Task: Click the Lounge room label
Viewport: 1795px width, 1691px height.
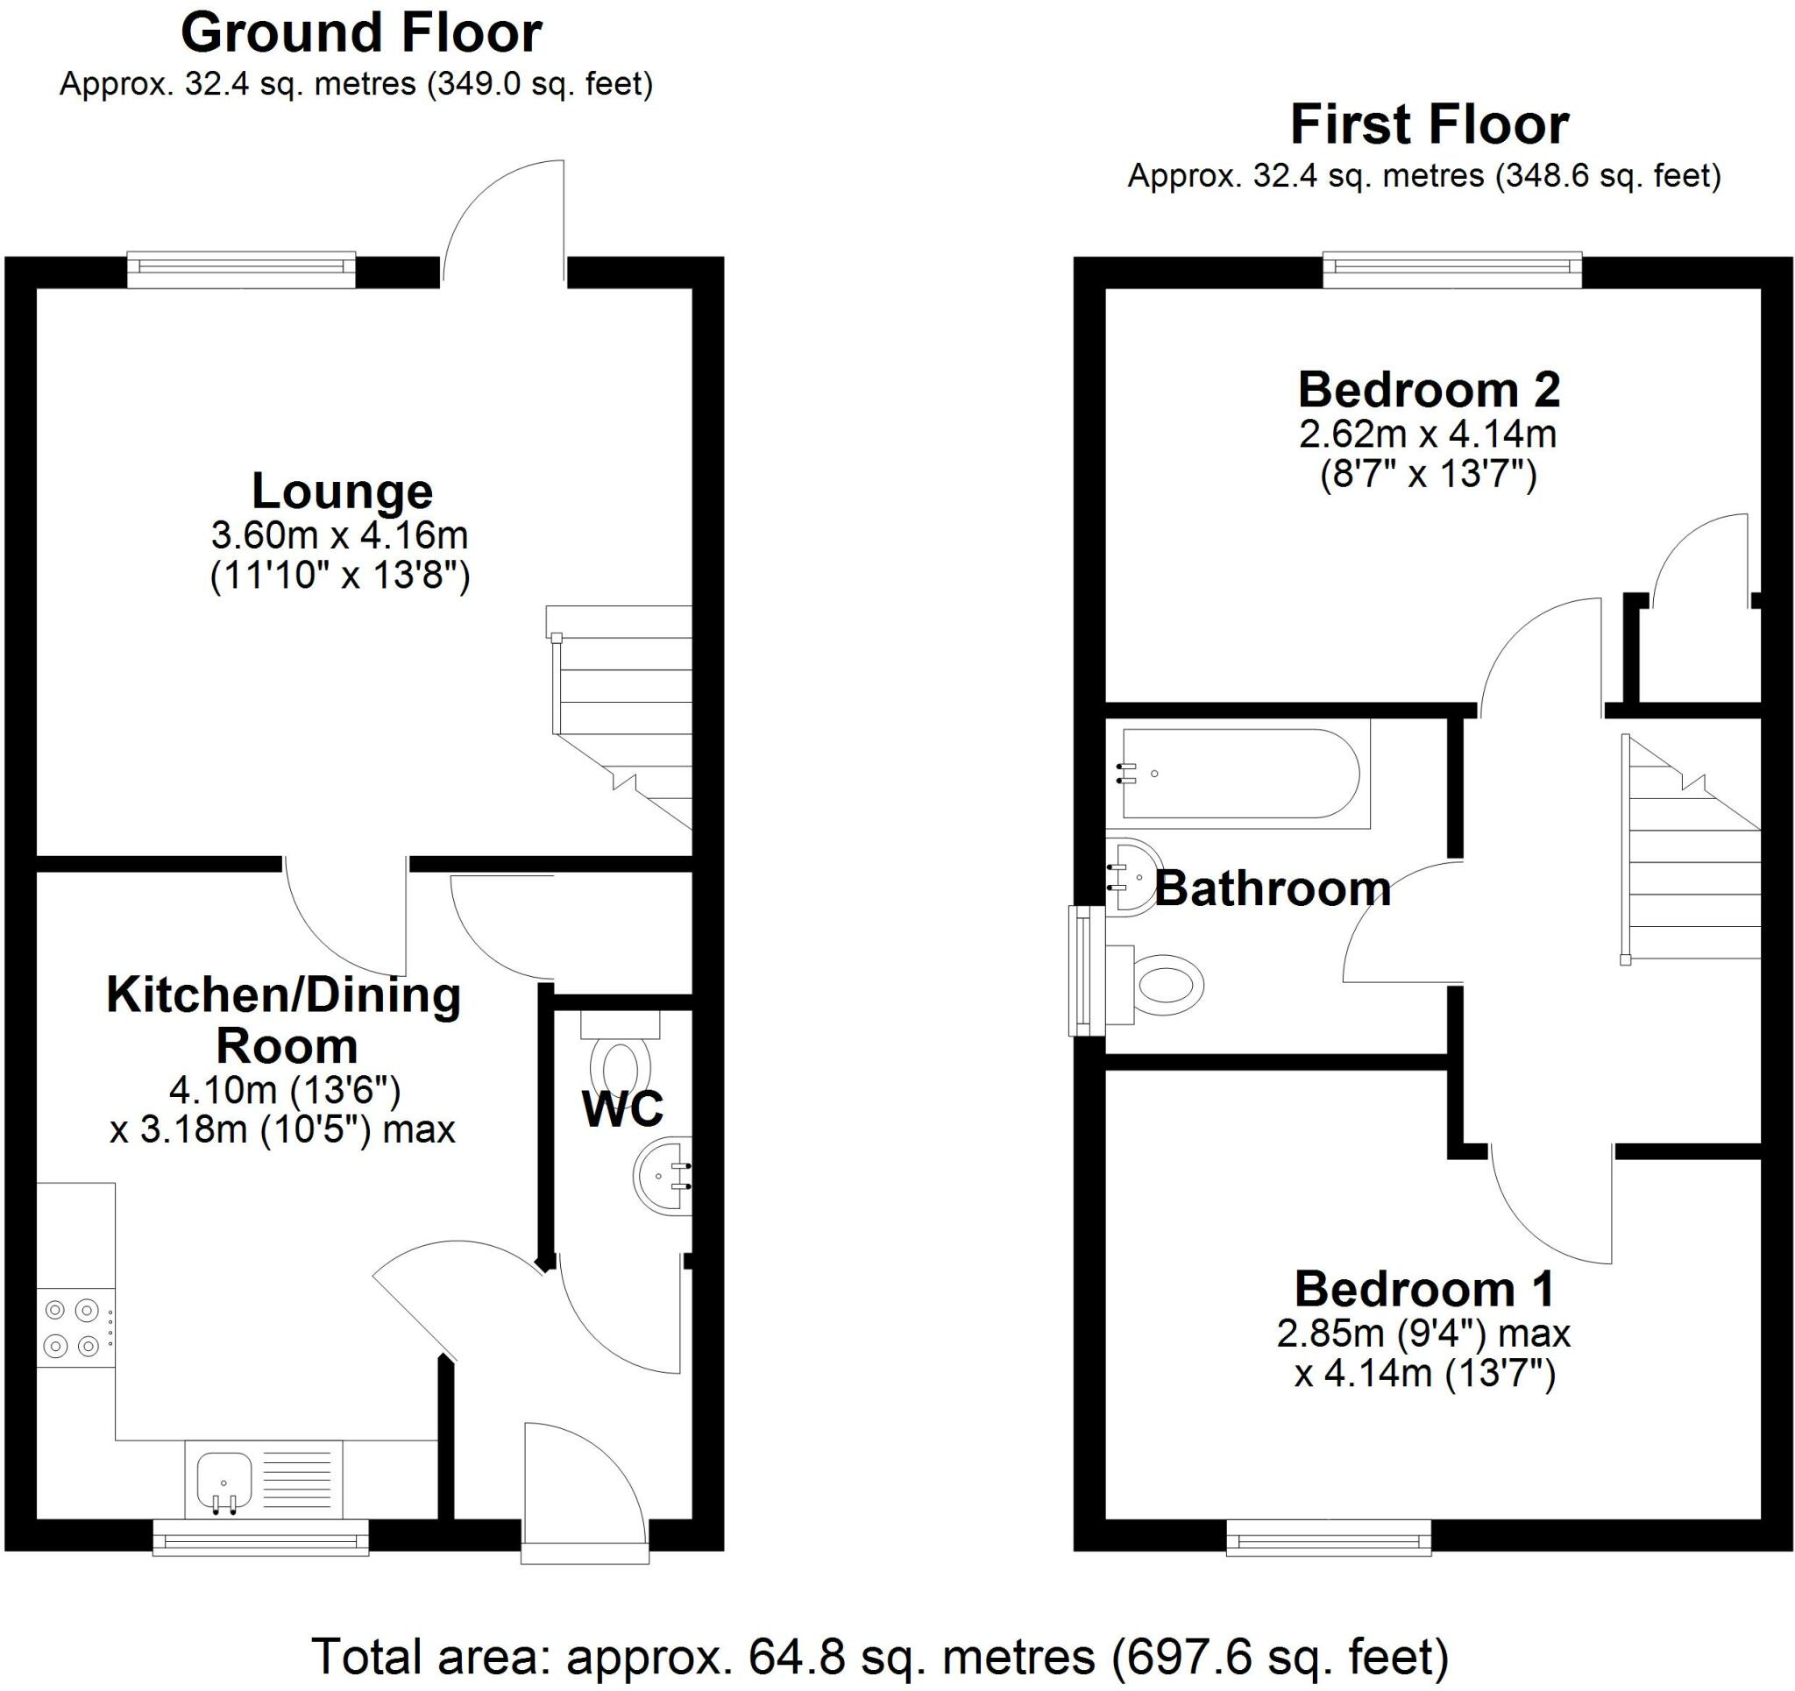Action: (x=342, y=492)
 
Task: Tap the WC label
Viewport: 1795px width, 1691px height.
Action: (x=623, y=1108)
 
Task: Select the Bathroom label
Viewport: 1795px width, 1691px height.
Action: (x=1274, y=888)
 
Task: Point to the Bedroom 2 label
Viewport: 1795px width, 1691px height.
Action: (x=1430, y=390)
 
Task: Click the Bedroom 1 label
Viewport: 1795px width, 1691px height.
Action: (x=1425, y=1289)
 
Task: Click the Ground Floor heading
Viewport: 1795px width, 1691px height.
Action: (x=361, y=33)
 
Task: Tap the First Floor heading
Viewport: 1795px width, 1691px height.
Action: (x=1430, y=124)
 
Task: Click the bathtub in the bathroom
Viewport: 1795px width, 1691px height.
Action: (x=1238, y=774)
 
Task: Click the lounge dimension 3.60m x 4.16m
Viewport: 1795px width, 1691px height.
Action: (x=339, y=535)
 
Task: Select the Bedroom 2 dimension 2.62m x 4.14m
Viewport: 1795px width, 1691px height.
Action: (x=1429, y=435)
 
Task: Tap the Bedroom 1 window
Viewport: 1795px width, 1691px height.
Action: (x=1329, y=1538)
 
